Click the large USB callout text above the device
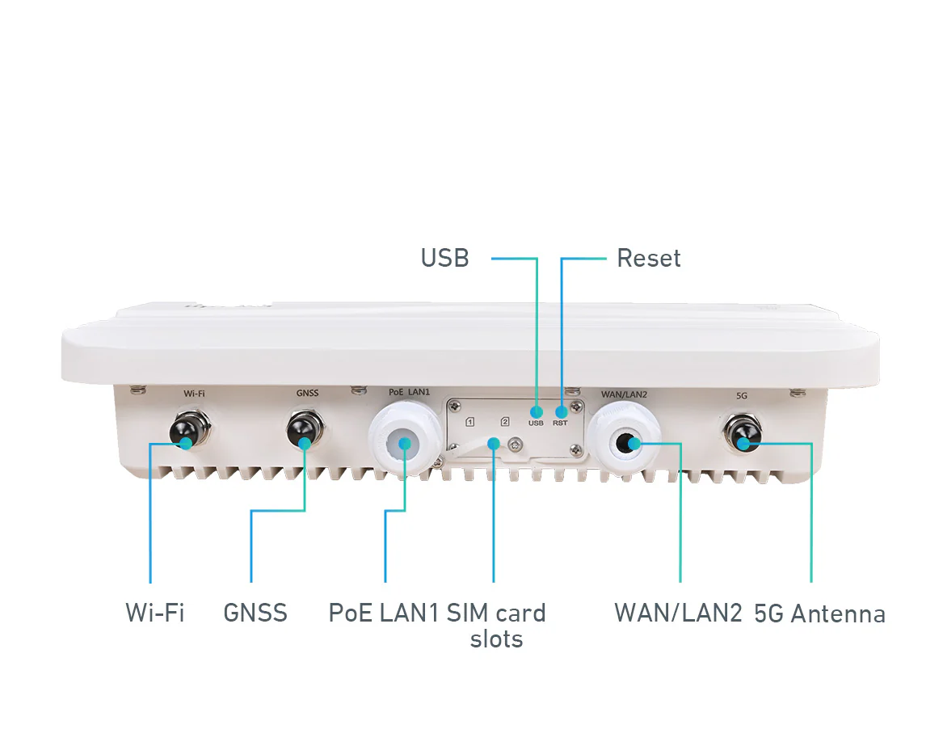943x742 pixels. (x=444, y=258)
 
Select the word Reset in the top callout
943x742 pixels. (x=649, y=258)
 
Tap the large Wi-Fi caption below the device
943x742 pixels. (x=154, y=613)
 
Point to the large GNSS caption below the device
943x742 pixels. (x=255, y=613)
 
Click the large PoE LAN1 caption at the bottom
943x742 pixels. (x=384, y=613)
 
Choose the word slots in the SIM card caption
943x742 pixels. (x=496, y=639)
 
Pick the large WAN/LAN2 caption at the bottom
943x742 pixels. (x=679, y=613)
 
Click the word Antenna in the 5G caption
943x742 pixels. (x=838, y=613)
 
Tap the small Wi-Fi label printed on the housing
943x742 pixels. (x=194, y=394)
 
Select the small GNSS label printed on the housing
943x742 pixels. (x=307, y=393)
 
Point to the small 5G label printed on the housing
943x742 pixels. (x=742, y=396)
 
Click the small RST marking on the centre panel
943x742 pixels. (x=560, y=423)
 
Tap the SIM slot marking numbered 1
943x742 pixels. (x=470, y=422)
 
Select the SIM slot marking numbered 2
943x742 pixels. (x=505, y=422)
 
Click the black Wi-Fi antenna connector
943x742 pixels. (x=190, y=429)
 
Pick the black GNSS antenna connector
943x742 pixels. (x=305, y=430)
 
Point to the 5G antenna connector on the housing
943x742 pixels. (x=743, y=432)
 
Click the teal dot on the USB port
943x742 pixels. (x=536, y=412)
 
